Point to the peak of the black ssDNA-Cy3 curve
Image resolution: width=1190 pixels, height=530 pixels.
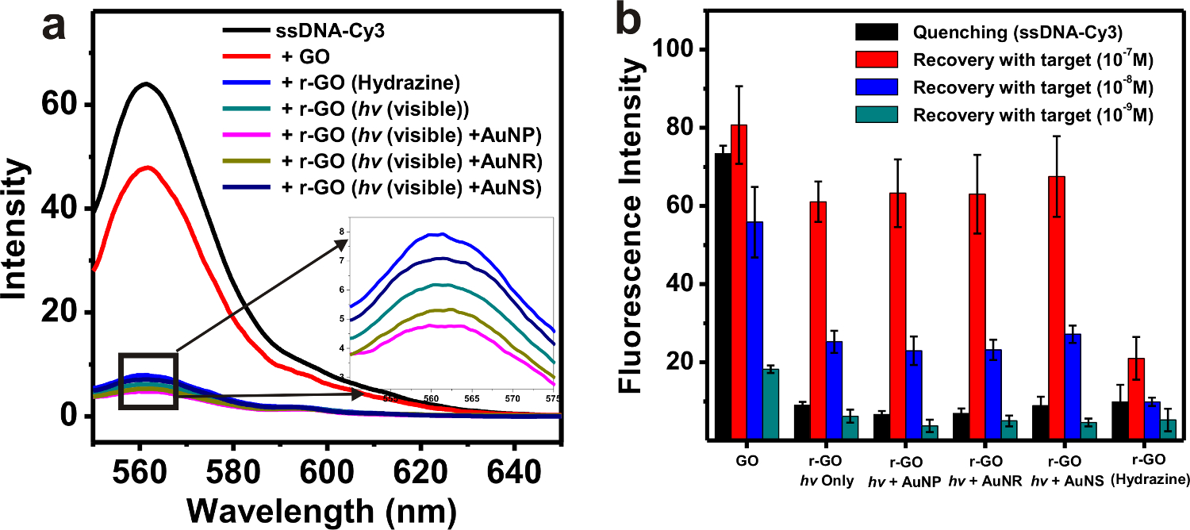tap(145, 84)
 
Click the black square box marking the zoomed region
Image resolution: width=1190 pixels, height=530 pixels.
tap(148, 381)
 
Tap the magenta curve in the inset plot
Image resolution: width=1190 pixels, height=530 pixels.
tap(444, 326)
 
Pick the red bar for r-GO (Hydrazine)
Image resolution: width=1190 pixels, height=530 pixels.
tap(1136, 397)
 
